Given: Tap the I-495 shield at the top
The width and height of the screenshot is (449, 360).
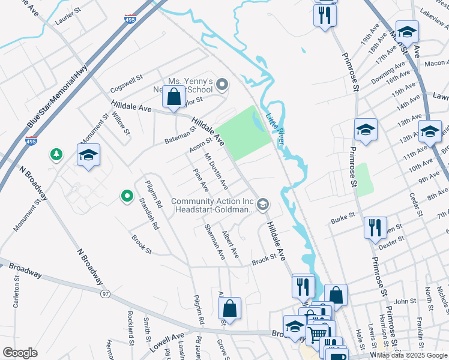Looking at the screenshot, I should click(x=130, y=20).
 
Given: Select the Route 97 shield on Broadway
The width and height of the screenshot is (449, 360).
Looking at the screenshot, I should click(x=106, y=293).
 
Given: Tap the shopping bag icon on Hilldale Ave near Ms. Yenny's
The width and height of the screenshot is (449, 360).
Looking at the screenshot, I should click(x=173, y=97).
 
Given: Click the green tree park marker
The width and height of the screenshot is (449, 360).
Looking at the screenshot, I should click(x=56, y=155).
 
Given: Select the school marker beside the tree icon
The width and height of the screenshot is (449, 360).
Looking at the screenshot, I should click(x=88, y=155).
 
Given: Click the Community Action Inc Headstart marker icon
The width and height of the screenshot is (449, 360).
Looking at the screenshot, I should click(x=262, y=205).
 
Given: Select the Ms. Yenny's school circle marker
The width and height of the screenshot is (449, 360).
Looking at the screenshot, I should click(x=222, y=85).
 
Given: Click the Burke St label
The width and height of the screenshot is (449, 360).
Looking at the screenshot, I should click(x=343, y=217).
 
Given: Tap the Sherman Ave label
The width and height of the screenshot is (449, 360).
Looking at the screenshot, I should click(x=214, y=242).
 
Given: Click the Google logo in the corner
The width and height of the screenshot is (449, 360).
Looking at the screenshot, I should click(x=20, y=352).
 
